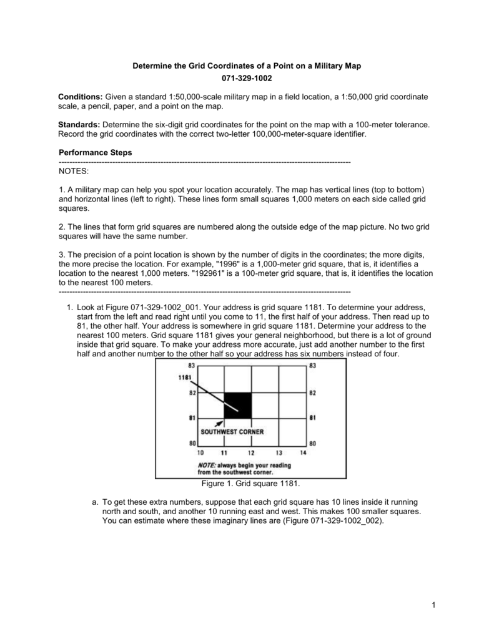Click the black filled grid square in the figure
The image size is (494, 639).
click(238, 405)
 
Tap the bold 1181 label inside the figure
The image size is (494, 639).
click(184, 378)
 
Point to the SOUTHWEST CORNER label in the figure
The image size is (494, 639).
click(232, 432)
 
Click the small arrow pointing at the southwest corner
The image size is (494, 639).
click(219, 423)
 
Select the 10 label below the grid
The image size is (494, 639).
click(200, 452)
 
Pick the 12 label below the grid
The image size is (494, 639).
click(251, 452)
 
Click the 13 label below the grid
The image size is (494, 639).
click(278, 452)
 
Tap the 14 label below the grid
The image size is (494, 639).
click(303, 452)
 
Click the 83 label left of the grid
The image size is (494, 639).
click(192, 366)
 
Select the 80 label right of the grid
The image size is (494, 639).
click(312, 444)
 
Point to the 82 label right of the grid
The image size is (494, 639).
click(312, 393)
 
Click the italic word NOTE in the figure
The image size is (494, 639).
click(207, 465)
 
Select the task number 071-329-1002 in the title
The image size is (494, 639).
click(247, 79)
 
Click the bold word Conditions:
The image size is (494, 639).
click(81, 97)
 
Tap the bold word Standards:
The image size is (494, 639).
click(79, 125)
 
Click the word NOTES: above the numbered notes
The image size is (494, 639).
click(74, 170)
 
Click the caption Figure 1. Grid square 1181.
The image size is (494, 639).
click(247, 484)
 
